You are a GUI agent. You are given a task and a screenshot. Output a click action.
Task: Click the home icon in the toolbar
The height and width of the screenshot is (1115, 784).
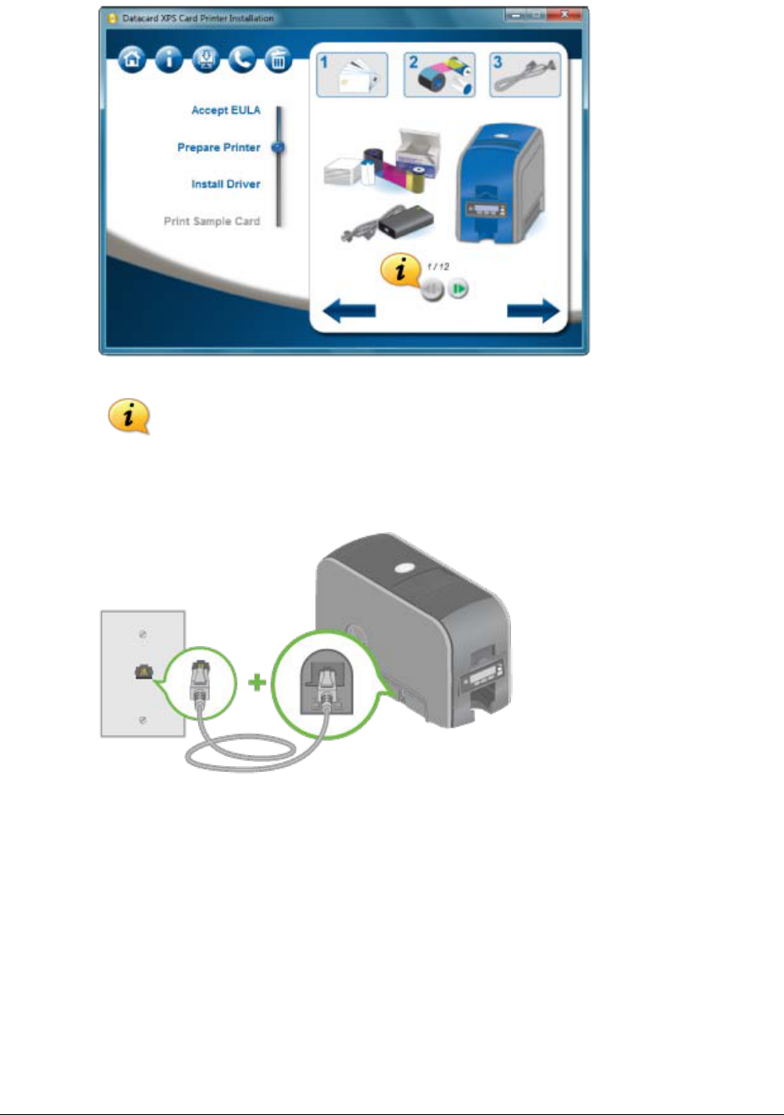131,60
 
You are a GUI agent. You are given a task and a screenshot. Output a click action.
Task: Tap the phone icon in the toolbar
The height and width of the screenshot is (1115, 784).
241,60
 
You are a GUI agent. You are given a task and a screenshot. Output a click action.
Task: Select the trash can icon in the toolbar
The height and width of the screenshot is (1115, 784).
278,60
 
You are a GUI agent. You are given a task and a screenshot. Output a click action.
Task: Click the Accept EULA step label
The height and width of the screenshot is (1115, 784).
226,110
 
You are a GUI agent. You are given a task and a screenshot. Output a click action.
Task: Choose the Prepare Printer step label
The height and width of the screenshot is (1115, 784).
219,147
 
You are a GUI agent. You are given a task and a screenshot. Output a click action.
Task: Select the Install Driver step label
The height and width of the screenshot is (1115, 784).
226,184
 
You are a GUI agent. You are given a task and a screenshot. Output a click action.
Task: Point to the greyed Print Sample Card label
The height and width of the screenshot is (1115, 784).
211,222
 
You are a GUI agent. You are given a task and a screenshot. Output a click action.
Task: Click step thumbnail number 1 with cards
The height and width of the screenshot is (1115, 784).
352,75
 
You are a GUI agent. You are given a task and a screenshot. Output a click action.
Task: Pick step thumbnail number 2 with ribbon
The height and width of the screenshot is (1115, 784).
439,75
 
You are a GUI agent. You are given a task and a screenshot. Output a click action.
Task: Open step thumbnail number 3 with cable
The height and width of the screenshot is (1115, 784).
525,75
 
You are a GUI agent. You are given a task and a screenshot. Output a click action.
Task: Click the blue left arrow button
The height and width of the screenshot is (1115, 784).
349,311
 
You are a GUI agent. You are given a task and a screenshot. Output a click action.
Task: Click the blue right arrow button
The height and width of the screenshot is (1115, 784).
533,311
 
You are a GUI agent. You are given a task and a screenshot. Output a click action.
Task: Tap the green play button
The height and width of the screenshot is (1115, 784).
459,289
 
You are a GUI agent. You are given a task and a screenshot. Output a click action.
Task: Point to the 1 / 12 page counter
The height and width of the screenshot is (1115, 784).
438,266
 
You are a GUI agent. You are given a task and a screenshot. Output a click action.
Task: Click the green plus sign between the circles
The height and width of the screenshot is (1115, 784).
257,683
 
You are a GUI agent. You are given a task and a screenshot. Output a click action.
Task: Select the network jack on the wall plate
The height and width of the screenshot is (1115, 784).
142,673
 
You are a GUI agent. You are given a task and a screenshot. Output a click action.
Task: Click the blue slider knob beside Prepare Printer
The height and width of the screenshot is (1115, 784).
279,147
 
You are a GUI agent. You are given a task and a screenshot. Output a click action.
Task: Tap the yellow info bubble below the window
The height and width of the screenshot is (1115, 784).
128,416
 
